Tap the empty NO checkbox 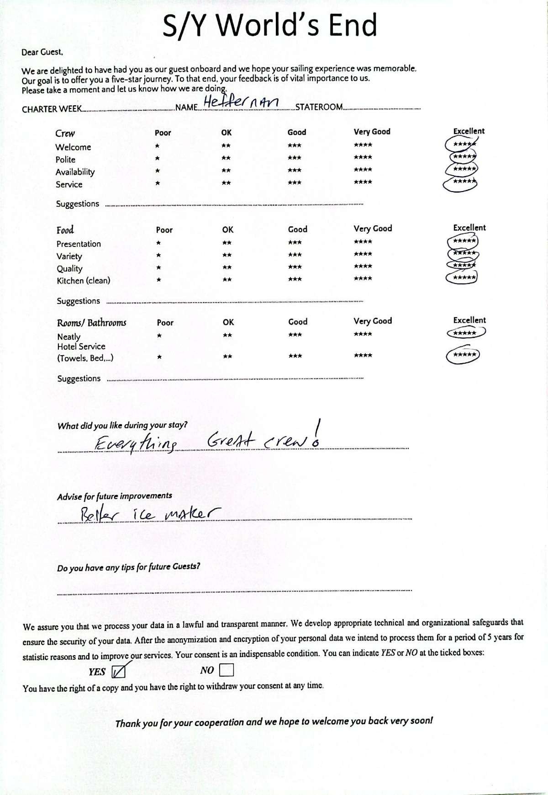click(227, 670)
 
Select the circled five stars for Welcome click(461, 144)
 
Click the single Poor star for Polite click(157, 159)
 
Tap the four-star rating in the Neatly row click(363, 334)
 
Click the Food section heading click(65, 230)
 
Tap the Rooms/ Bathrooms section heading click(91, 323)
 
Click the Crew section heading click(65, 133)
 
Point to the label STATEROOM click(319, 107)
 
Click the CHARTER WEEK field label click(52, 109)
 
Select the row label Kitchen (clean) click(83, 281)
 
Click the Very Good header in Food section click(373, 228)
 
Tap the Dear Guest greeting click(42, 52)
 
